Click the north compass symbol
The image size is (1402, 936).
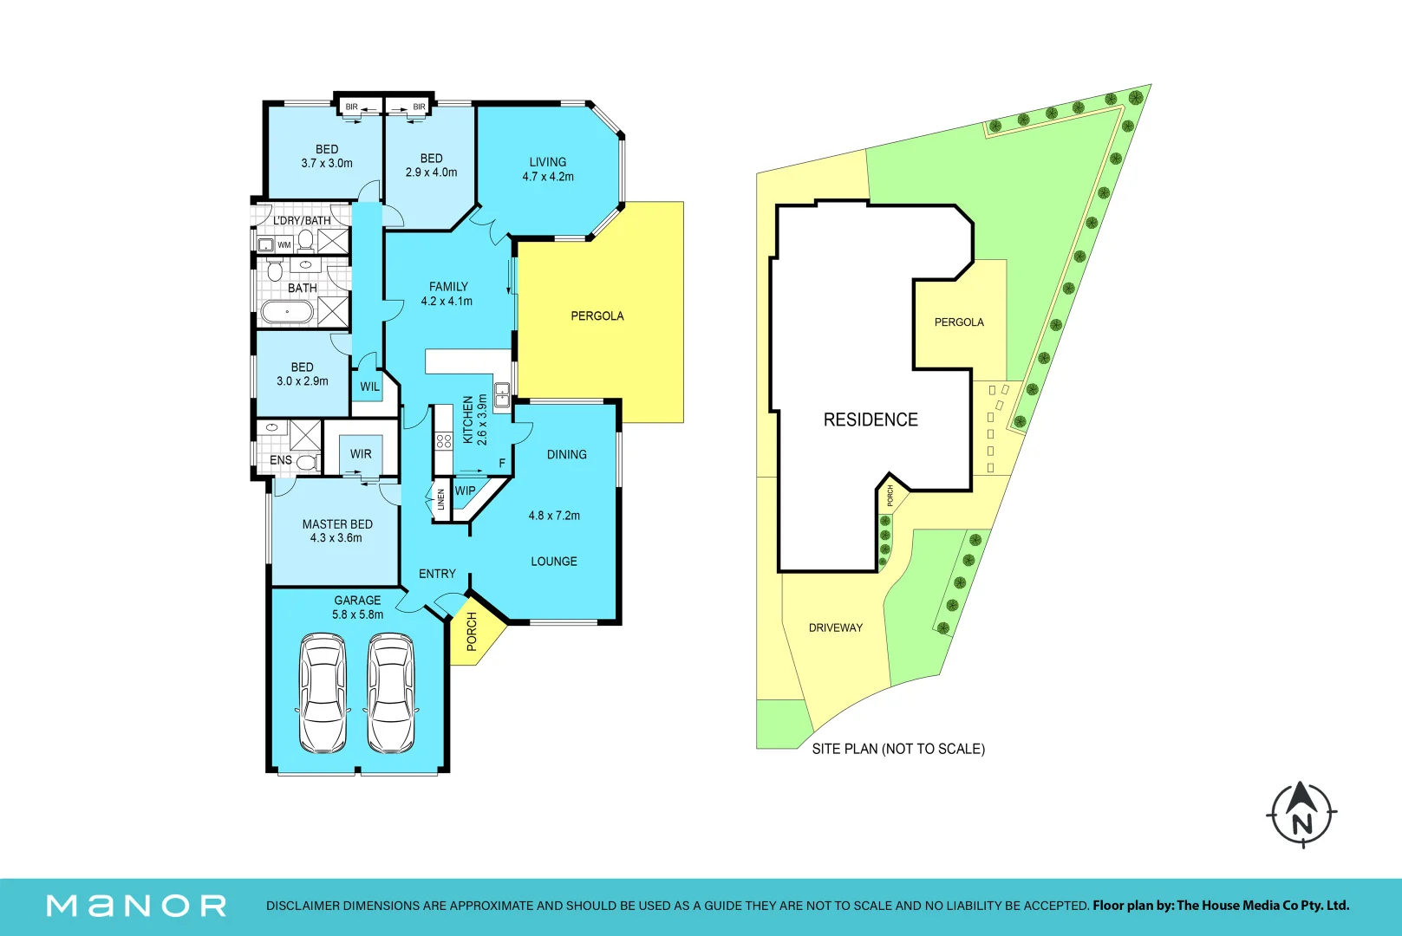click(x=1302, y=815)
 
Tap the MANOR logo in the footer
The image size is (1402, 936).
click(x=136, y=906)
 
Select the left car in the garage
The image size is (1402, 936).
click(x=323, y=692)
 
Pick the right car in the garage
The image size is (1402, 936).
click(x=391, y=692)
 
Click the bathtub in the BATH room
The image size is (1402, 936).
click(x=287, y=312)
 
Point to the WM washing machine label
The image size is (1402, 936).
click(x=284, y=244)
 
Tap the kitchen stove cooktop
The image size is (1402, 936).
click(x=444, y=440)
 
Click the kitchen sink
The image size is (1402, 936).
click(x=503, y=395)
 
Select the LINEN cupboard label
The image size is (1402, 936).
click(x=440, y=499)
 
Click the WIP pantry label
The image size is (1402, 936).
click(x=465, y=491)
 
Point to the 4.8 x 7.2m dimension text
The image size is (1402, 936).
click(x=554, y=516)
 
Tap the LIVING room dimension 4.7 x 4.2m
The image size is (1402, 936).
click(x=548, y=177)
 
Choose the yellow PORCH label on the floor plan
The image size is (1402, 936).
click(x=472, y=631)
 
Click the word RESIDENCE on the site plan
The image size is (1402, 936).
click(x=871, y=419)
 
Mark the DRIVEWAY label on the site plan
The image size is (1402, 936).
click(x=836, y=627)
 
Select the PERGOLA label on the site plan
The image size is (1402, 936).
click(x=959, y=322)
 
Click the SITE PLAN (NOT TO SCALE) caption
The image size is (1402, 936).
click(x=898, y=749)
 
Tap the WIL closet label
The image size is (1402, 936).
click(x=369, y=387)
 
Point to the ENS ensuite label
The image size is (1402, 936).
click(x=280, y=460)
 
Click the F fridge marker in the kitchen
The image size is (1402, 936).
click(x=502, y=464)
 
